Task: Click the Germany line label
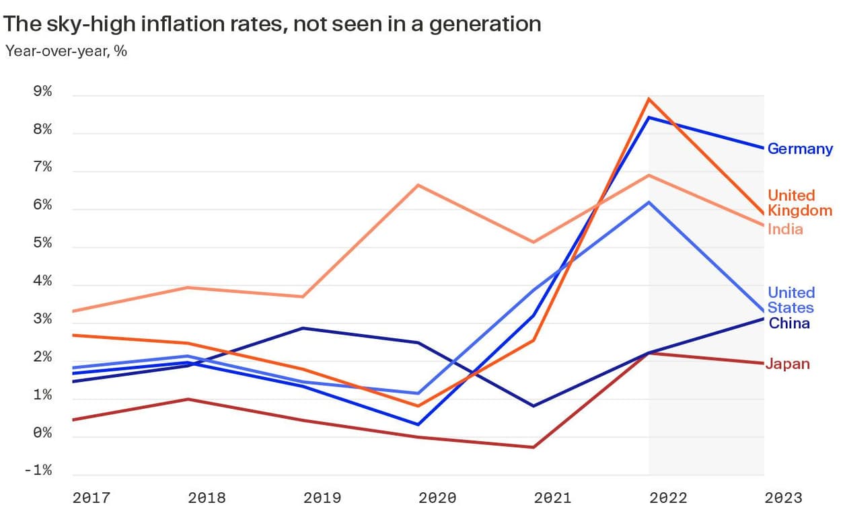pyautogui.click(x=800, y=149)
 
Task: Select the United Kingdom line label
pyautogui.click(x=800, y=203)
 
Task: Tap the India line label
pyautogui.click(x=785, y=229)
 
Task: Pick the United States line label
pyautogui.click(x=791, y=301)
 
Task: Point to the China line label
pyautogui.click(x=788, y=323)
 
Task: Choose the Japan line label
pyautogui.click(x=787, y=364)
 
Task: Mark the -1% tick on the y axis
pyautogui.click(x=38, y=471)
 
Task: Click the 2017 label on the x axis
pyautogui.click(x=91, y=498)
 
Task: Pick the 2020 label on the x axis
pyautogui.click(x=437, y=498)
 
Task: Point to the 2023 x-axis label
pyautogui.click(x=783, y=498)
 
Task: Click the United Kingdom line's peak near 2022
pyautogui.click(x=648, y=99)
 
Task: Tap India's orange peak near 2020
pyautogui.click(x=418, y=185)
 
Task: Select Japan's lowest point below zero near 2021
pyautogui.click(x=534, y=447)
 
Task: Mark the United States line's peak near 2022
pyautogui.click(x=649, y=202)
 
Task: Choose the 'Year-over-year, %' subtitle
pyautogui.click(x=66, y=50)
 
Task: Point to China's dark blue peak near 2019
pyautogui.click(x=303, y=328)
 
